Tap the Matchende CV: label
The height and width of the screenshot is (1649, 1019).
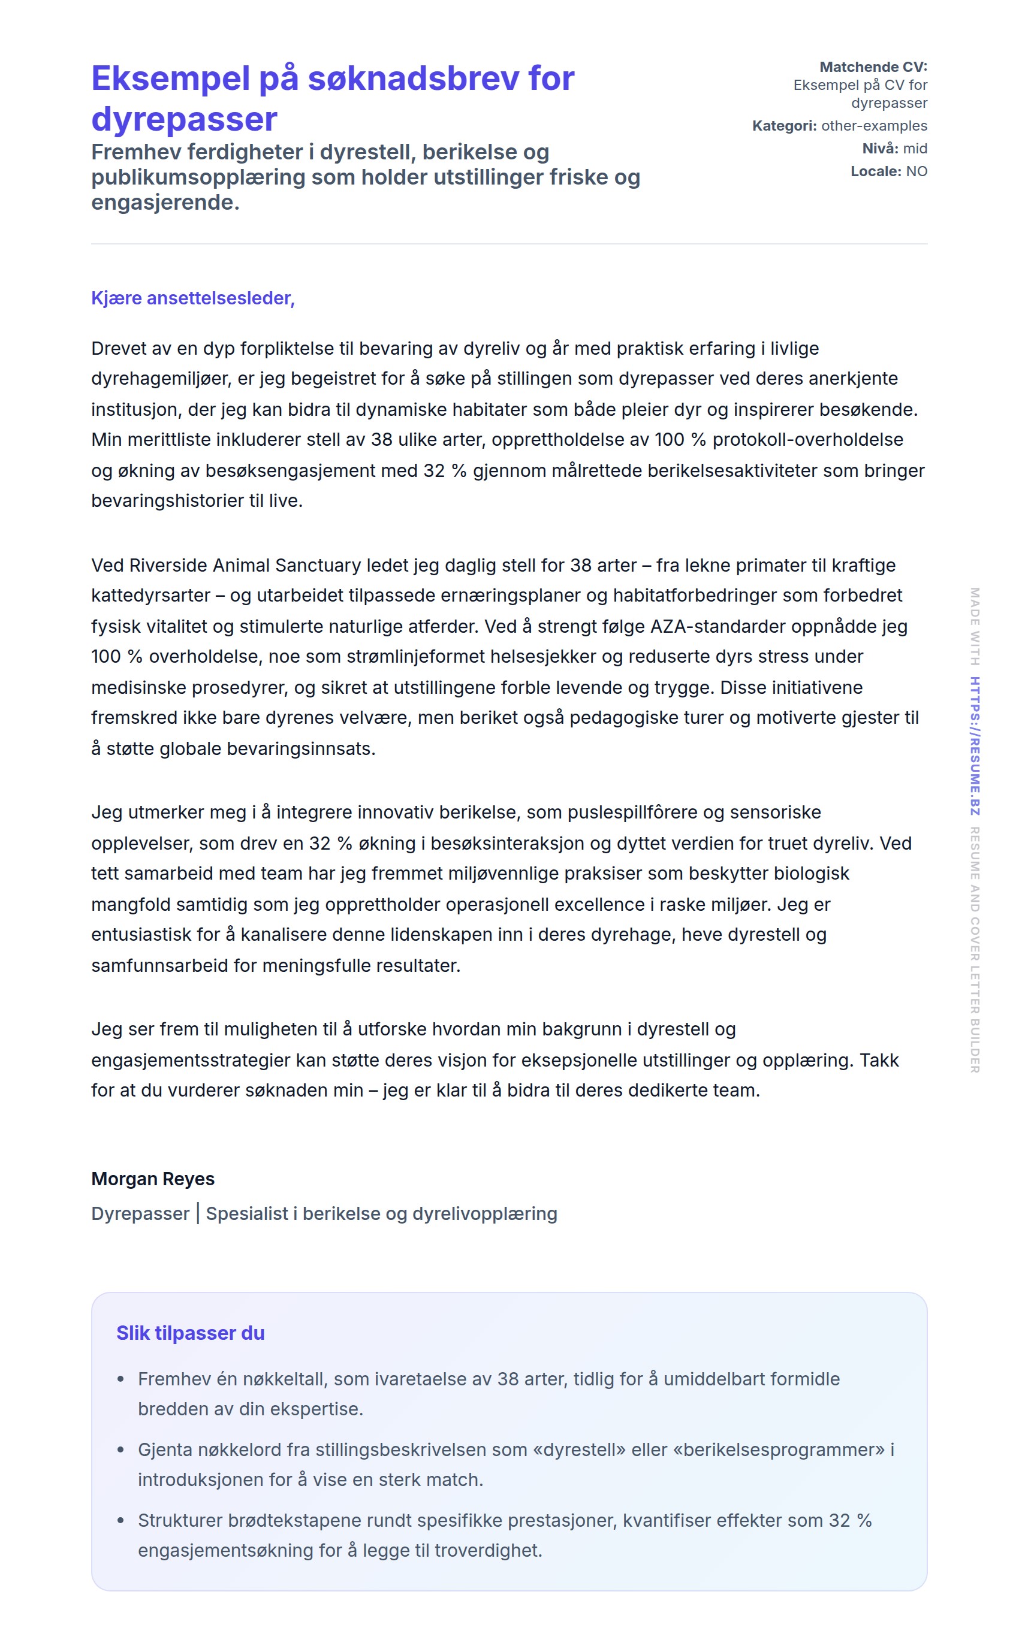[x=873, y=67]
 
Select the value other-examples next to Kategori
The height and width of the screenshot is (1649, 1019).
[x=873, y=126]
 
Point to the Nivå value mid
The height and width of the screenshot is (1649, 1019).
[x=915, y=148]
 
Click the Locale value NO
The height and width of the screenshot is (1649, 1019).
[x=916, y=171]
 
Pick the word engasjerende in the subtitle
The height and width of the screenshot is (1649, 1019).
[x=165, y=202]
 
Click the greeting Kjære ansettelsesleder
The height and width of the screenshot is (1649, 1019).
[x=193, y=298]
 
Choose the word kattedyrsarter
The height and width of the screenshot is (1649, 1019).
[x=150, y=596]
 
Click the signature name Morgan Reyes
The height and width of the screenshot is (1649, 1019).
[x=153, y=1179]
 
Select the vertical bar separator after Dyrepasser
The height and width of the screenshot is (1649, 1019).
[x=197, y=1213]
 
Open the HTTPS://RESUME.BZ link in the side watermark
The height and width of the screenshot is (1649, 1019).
[x=975, y=747]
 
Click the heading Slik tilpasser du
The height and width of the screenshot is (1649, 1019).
[x=191, y=1333]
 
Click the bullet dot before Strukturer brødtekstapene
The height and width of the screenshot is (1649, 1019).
[x=120, y=1520]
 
